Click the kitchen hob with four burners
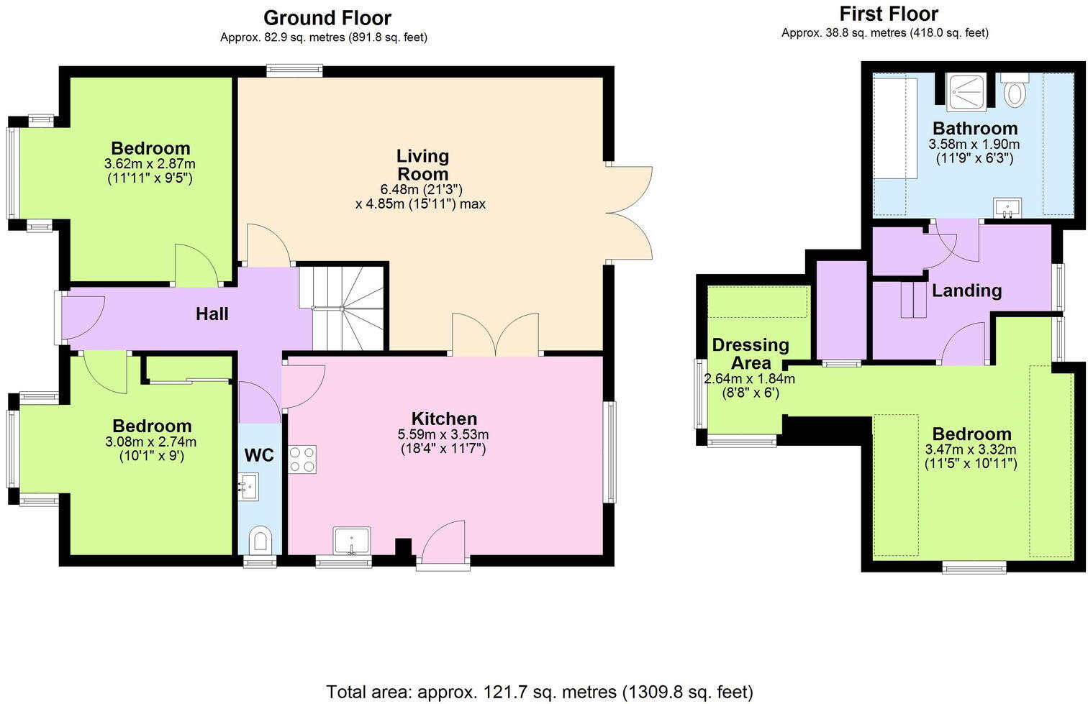click(x=302, y=459)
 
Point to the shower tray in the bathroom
click(x=966, y=91)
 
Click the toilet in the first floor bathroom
click(x=1015, y=92)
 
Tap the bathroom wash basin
click(x=1008, y=209)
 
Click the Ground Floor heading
click(x=327, y=18)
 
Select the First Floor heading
click(x=889, y=14)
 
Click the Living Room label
click(x=422, y=165)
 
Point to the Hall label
click(x=212, y=314)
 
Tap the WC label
click(x=259, y=456)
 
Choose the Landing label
click(x=966, y=291)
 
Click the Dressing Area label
click(x=751, y=354)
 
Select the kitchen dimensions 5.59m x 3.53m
click(x=443, y=434)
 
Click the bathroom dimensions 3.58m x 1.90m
click(x=974, y=144)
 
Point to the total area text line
click(x=540, y=692)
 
